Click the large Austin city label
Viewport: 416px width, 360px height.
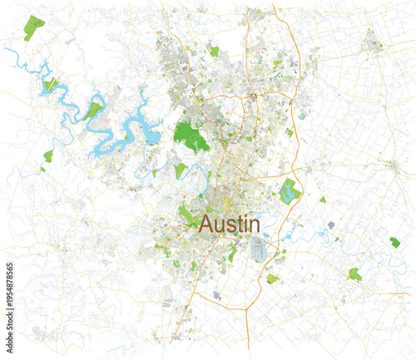click(230, 224)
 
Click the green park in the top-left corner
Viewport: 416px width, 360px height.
click(36, 28)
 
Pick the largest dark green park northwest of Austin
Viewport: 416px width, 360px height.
click(191, 136)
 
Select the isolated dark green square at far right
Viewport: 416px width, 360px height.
click(394, 242)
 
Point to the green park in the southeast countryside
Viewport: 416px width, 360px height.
click(355, 273)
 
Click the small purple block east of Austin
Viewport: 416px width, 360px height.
click(331, 224)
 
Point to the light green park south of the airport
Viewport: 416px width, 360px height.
click(272, 279)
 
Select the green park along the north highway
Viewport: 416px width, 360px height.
click(214, 52)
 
